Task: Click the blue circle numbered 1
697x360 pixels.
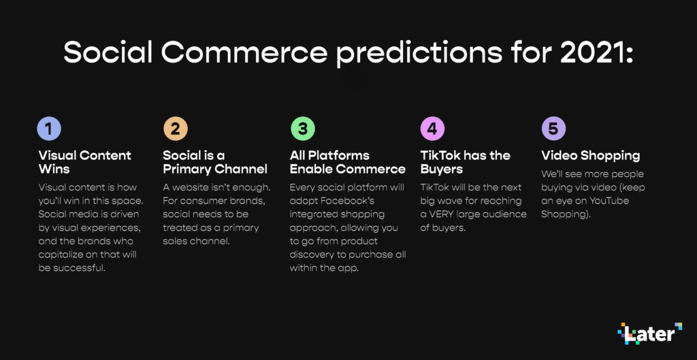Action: click(x=49, y=129)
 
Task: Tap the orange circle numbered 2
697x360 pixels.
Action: click(x=176, y=129)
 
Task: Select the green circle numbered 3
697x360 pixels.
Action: click(x=303, y=129)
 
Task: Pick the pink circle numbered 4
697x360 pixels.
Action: click(x=432, y=129)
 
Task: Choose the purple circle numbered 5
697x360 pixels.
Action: click(x=553, y=129)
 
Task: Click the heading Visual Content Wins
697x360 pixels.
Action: click(x=85, y=162)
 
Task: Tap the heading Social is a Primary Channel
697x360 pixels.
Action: click(x=215, y=162)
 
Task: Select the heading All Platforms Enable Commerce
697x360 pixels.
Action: click(x=348, y=162)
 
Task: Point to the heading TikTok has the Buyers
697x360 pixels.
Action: click(x=466, y=162)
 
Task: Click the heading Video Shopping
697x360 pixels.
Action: click(x=591, y=156)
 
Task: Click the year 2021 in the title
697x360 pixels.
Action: click(x=596, y=53)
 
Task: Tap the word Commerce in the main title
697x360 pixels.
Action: click(x=244, y=53)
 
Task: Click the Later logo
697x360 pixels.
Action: click(x=650, y=333)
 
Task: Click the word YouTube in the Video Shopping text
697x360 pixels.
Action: click(x=609, y=201)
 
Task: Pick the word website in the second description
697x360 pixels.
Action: click(x=192, y=188)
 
